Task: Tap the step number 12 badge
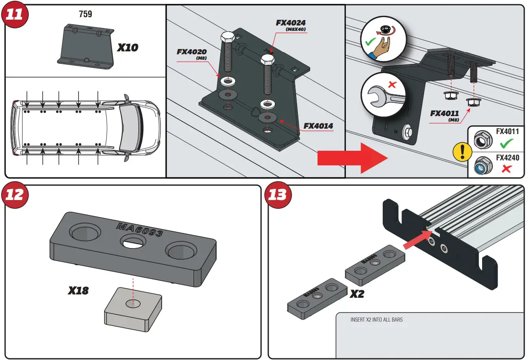click(x=15, y=195)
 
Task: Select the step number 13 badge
click(x=278, y=195)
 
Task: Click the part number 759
click(x=85, y=14)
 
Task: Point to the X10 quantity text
click(x=127, y=48)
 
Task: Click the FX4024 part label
click(x=291, y=23)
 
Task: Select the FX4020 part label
click(x=192, y=52)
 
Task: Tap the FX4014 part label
click(x=318, y=126)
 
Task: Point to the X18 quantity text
click(x=78, y=290)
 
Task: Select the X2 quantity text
click(x=356, y=294)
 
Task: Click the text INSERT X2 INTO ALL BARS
click(x=376, y=320)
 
